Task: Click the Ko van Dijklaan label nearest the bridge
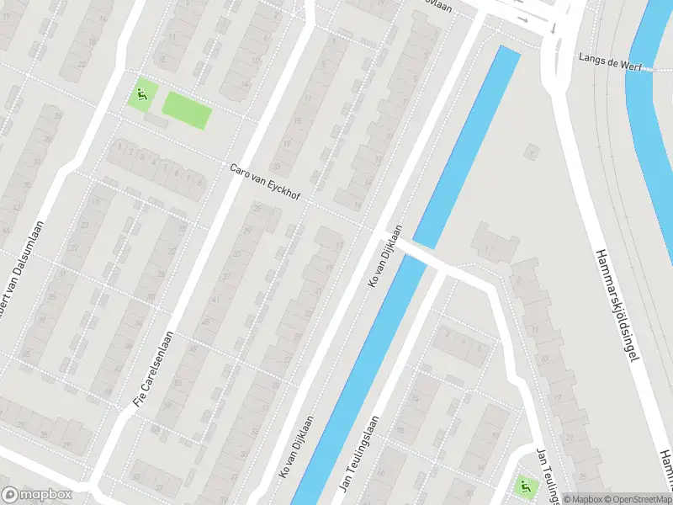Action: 382,257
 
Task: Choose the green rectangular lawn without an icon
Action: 185,110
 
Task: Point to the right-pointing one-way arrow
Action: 522,19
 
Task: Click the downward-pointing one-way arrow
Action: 554,28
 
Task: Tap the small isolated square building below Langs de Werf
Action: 531,152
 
